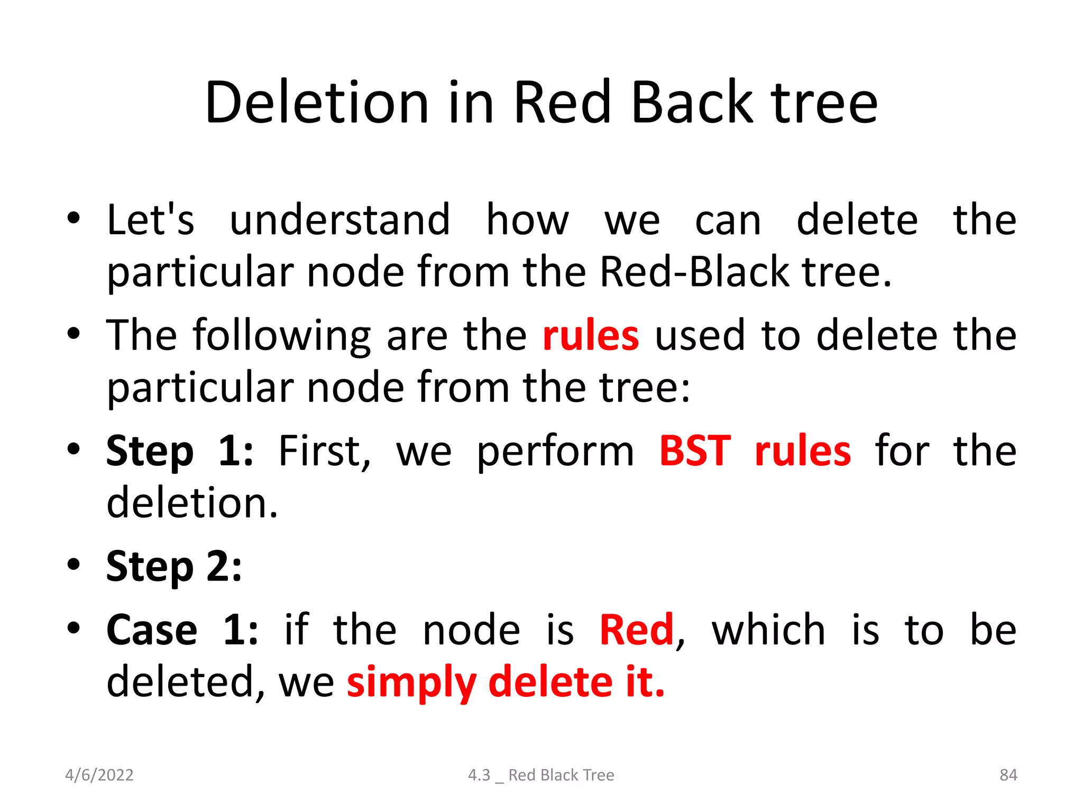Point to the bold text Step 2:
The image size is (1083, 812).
(174, 566)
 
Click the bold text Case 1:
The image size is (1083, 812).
(182, 630)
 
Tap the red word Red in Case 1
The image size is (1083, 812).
(637, 630)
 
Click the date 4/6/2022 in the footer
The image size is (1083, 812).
(99, 775)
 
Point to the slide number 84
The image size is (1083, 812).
(1008, 775)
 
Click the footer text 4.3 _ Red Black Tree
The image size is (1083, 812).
(541, 775)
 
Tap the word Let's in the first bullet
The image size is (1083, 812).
(150, 219)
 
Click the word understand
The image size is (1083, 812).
(339, 219)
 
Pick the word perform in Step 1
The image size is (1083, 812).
(555, 453)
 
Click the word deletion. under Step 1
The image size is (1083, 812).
(192, 503)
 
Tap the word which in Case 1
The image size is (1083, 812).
(768, 630)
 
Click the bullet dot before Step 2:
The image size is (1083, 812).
(74, 565)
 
